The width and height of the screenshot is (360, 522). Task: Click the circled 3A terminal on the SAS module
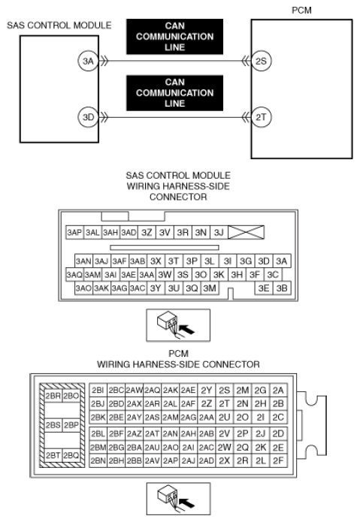point(88,61)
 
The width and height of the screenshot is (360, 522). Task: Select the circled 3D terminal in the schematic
point(88,117)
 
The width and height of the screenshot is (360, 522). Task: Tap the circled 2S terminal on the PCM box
point(261,61)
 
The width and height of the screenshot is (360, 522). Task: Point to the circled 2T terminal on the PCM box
point(261,117)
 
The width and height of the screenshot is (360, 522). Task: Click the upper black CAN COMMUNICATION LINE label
point(174,37)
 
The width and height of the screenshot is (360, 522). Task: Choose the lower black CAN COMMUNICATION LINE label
point(174,93)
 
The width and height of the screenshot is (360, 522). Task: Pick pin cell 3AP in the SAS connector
point(74,232)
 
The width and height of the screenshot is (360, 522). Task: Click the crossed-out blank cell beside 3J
point(246,232)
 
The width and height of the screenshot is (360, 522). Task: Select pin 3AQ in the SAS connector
point(74,275)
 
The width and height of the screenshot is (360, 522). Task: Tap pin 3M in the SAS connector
point(210,288)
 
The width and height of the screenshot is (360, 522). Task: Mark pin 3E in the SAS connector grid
point(264,288)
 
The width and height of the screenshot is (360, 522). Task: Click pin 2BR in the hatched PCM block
point(53,396)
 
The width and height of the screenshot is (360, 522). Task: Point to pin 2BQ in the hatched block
point(71,455)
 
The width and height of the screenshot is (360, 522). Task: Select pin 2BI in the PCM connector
point(98,390)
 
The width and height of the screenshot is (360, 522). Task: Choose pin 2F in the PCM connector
point(278,460)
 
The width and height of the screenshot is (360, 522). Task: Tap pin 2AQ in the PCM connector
point(153,390)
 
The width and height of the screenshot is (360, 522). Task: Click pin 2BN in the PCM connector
point(98,460)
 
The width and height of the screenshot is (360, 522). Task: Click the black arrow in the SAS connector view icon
point(186,330)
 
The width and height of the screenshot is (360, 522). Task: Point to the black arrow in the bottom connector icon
point(186,503)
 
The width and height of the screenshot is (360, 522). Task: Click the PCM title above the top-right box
point(301,11)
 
